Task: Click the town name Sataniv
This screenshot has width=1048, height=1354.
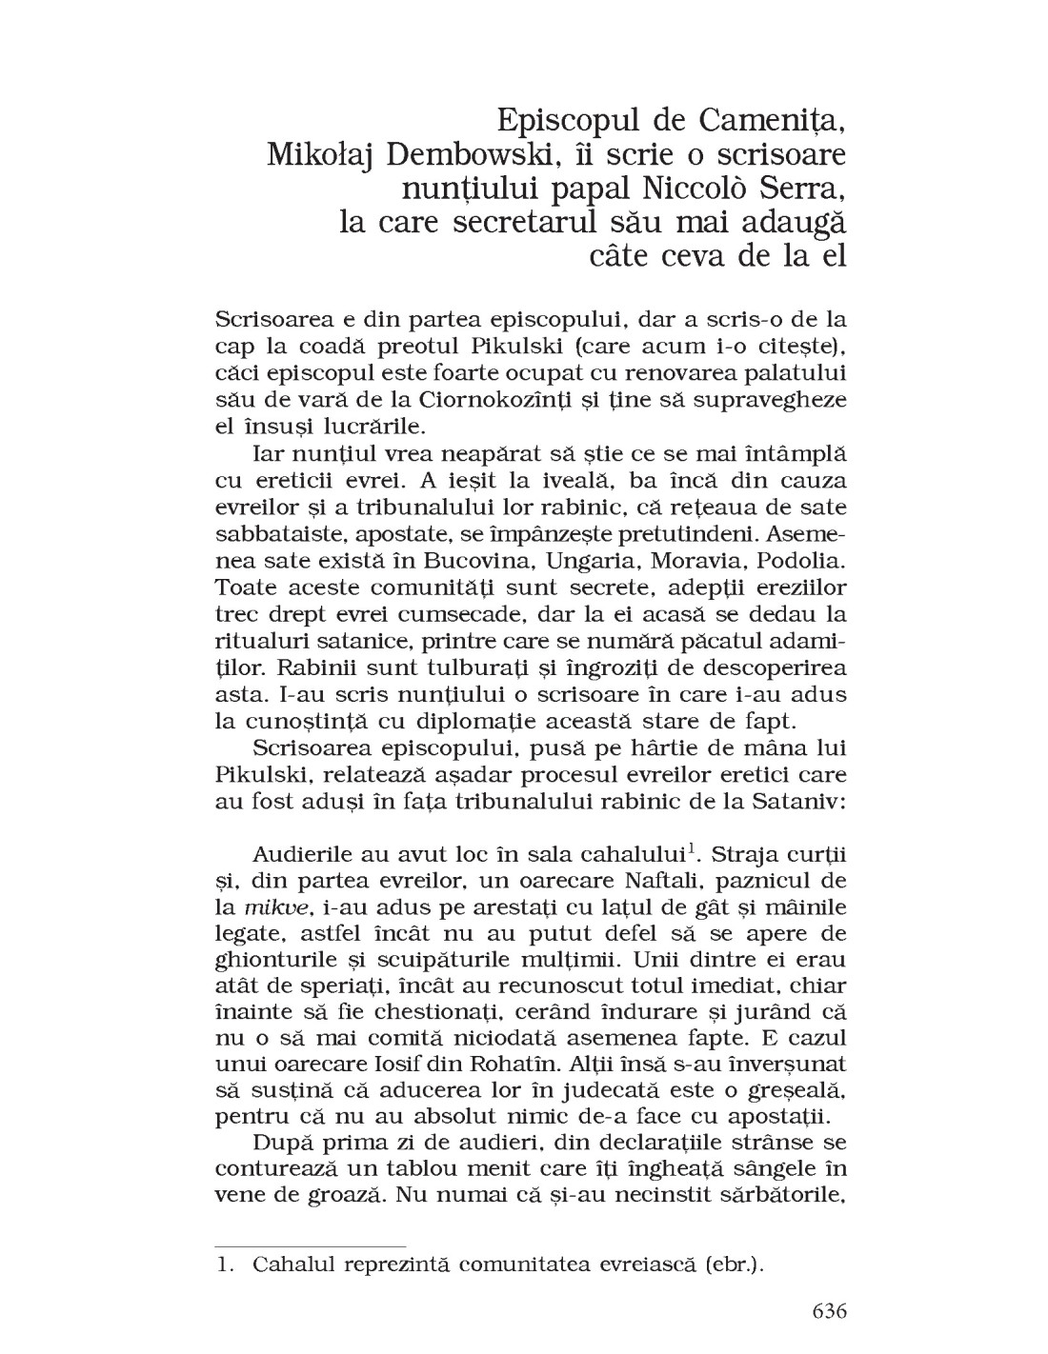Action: coord(796,800)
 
